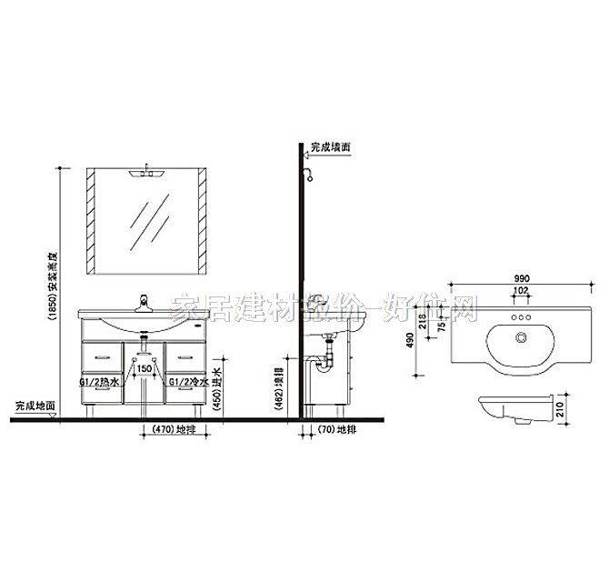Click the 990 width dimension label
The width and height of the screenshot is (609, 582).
[x=522, y=278]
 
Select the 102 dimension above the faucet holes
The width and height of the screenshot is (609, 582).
[x=522, y=290]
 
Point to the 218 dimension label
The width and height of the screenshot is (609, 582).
[x=422, y=322]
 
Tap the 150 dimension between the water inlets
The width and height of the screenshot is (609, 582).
[x=144, y=368]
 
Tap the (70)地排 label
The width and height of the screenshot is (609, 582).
[x=333, y=428]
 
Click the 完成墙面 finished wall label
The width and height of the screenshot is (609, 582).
[x=330, y=145]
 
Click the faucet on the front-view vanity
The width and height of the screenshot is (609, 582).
[x=143, y=301]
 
